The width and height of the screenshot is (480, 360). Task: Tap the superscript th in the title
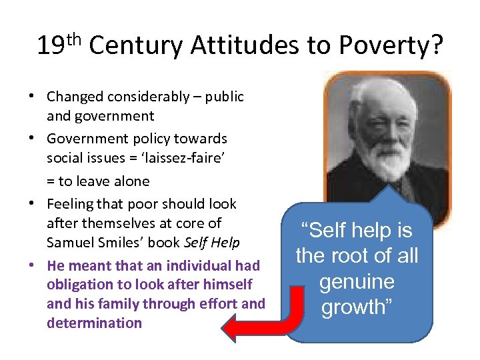75,39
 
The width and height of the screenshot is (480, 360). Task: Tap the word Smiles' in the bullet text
118,242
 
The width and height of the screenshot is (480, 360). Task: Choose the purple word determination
94,323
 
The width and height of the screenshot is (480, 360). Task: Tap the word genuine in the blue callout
357,281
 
